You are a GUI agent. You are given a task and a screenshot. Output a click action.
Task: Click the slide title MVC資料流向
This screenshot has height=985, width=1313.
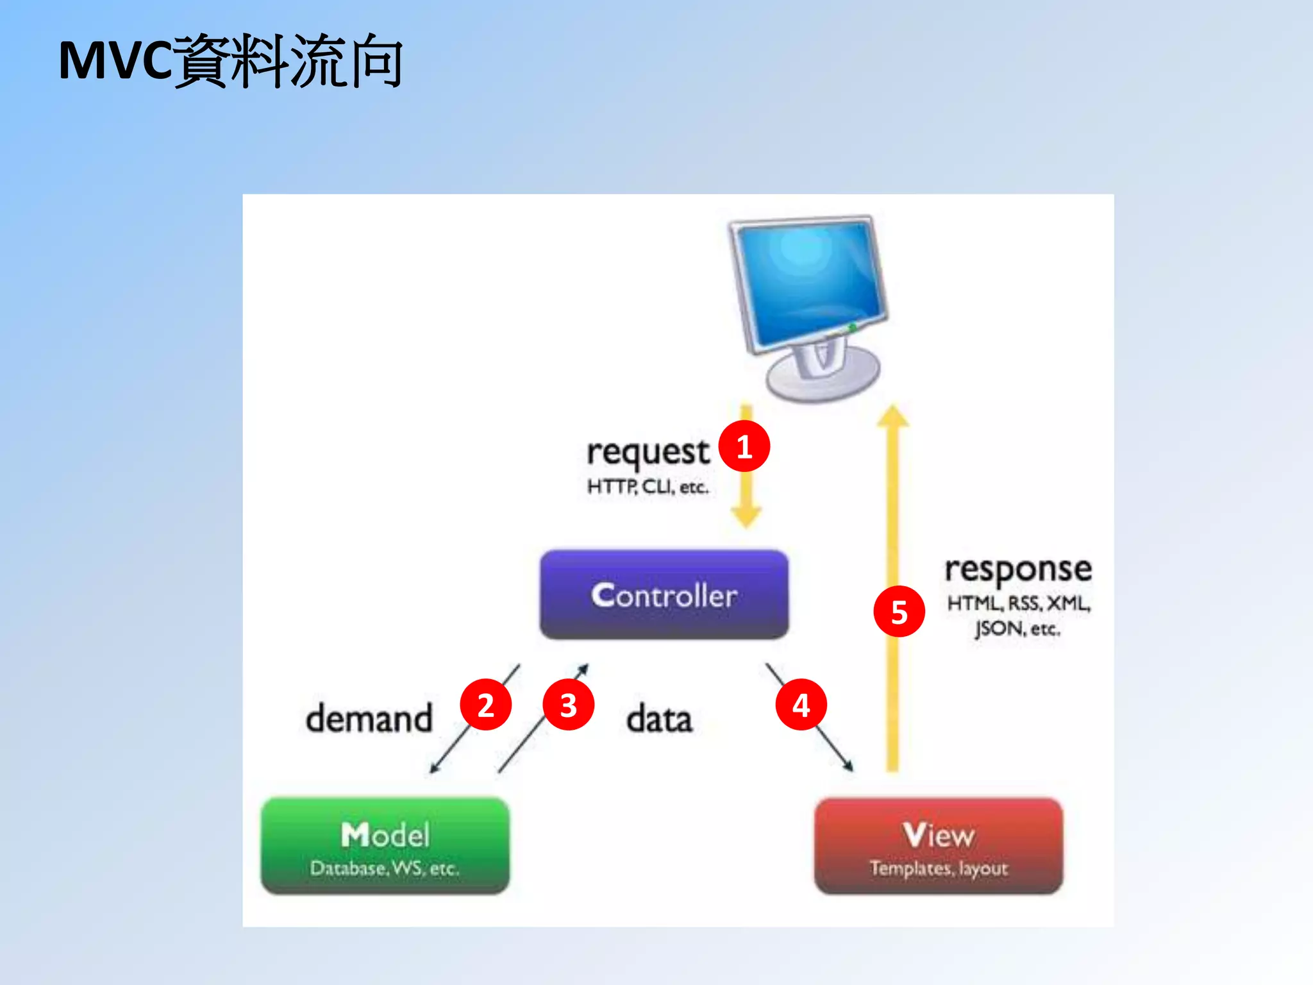(231, 62)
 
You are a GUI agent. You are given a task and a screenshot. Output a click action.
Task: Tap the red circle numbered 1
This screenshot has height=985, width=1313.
(744, 447)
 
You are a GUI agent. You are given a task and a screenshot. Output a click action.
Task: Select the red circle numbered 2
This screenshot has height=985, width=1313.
(486, 705)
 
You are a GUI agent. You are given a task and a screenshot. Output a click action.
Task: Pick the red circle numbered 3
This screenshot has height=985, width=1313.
(568, 705)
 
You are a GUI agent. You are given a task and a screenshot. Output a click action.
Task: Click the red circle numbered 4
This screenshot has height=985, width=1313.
(801, 705)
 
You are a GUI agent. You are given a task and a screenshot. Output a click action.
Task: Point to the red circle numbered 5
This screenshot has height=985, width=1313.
(899, 612)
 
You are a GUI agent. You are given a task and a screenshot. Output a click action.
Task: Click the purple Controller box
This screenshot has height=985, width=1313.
(664, 595)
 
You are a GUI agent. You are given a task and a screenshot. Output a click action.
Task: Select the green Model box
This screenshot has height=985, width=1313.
(385, 845)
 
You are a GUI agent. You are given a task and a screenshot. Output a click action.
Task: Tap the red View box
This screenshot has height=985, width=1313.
(939, 845)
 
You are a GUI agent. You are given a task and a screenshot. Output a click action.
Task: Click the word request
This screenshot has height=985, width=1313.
(648, 453)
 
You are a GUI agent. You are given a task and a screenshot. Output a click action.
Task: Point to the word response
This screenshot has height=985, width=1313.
(1017, 569)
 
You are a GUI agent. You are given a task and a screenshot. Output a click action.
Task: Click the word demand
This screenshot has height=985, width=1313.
(369, 719)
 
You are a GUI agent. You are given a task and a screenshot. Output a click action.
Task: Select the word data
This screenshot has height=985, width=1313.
(659, 720)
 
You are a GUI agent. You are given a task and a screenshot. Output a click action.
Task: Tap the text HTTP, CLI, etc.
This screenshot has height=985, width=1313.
(648, 487)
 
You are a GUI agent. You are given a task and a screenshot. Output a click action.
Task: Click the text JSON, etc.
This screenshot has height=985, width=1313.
(1017, 628)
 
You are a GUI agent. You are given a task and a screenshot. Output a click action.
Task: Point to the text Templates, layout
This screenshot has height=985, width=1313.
(939, 868)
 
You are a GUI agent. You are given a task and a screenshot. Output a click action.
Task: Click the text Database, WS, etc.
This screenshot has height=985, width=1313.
(385, 868)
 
